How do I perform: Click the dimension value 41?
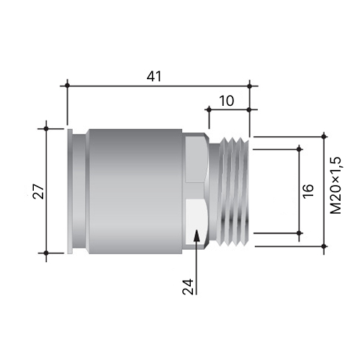[x=154, y=76]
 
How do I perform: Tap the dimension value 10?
[x=227, y=101]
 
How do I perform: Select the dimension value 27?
[x=39, y=192]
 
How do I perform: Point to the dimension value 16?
[x=308, y=191]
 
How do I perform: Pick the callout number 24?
[x=188, y=287]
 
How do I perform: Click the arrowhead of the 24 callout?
[x=197, y=235]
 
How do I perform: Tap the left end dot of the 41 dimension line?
[x=68, y=86]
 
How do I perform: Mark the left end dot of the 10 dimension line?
[x=209, y=109]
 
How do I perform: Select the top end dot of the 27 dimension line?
[x=46, y=129]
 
